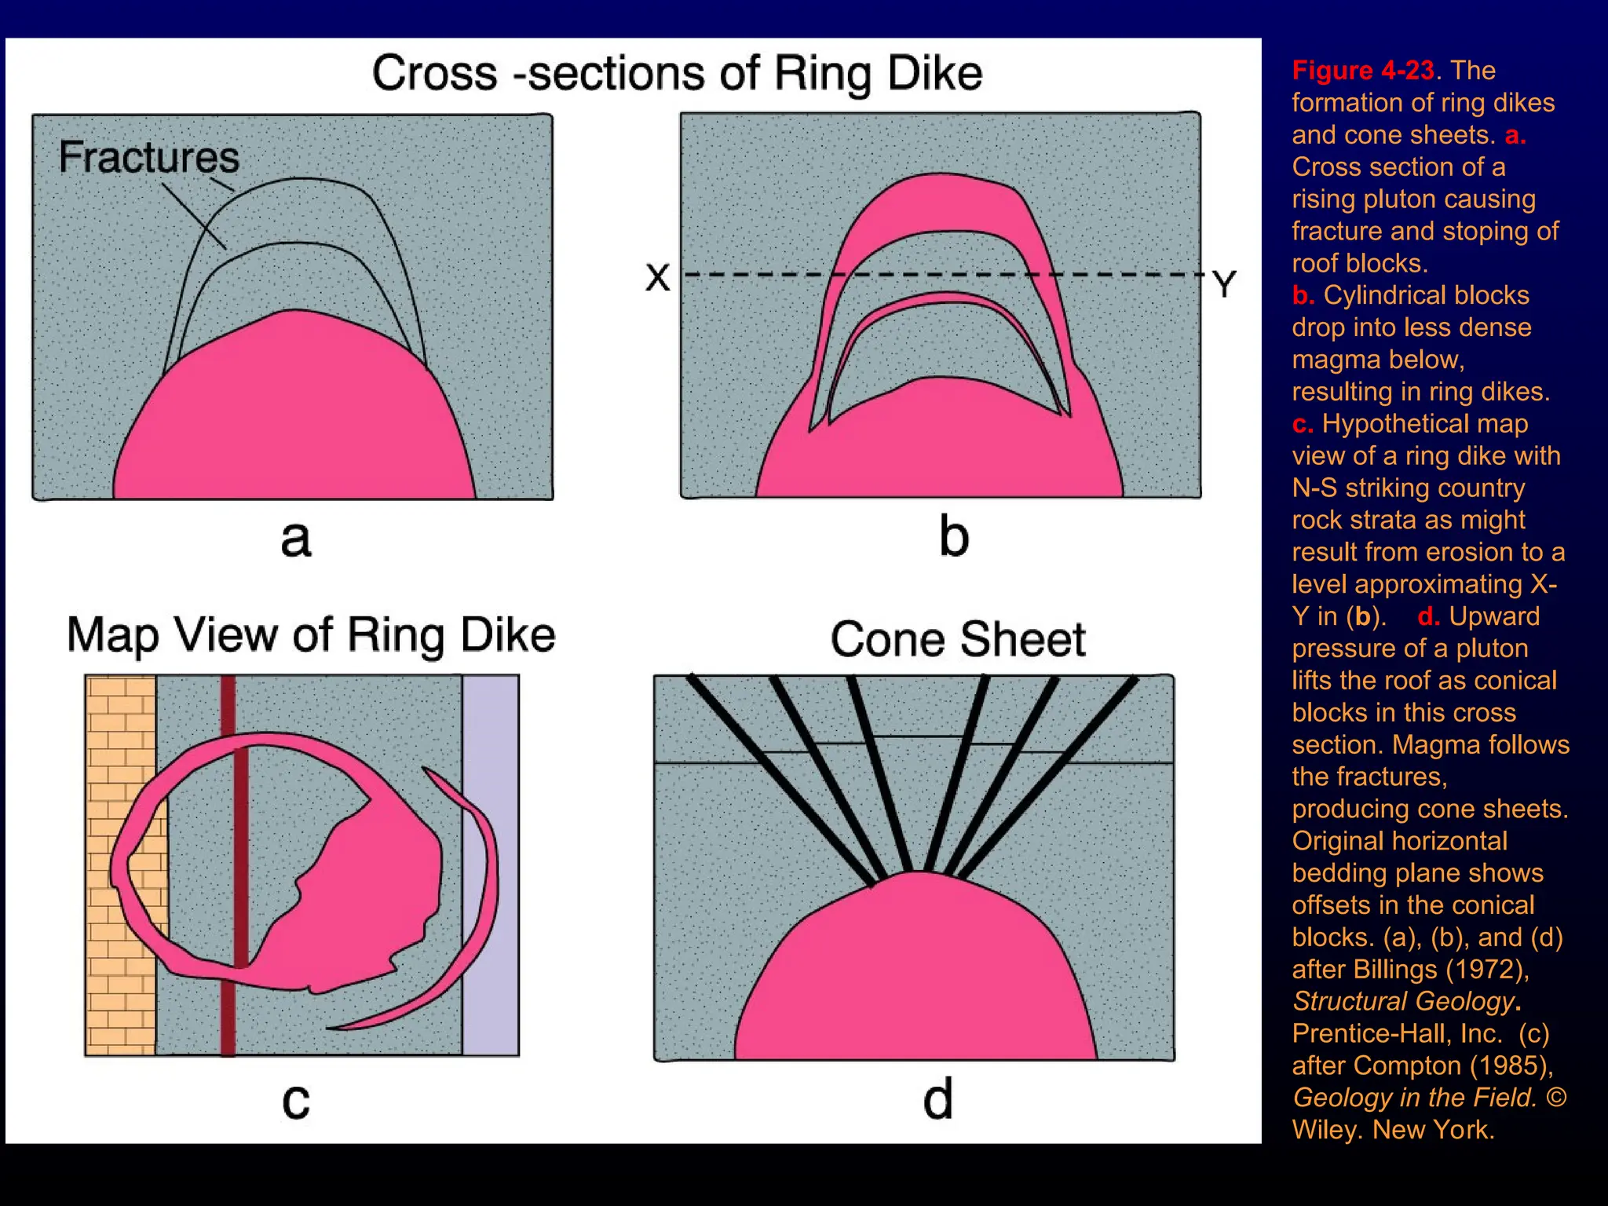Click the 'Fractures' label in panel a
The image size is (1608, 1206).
click(x=148, y=157)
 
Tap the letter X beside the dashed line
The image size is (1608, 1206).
click(x=658, y=277)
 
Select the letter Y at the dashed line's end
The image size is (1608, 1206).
click(x=1223, y=284)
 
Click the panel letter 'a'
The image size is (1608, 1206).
click(x=295, y=539)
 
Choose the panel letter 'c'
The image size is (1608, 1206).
click(x=296, y=1101)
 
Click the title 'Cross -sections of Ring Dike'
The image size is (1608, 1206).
click(x=677, y=73)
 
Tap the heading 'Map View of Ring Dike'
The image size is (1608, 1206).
click(x=311, y=634)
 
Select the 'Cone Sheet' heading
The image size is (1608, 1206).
click(x=958, y=639)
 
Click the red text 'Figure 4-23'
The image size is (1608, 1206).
click(x=1363, y=71)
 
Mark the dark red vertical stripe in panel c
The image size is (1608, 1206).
click(x=228, y=864)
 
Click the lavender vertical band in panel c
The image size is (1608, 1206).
click(x=491, y=864)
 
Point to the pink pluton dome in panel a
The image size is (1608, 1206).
click(x=294, y=416)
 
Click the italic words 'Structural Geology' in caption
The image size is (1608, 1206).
click(x=1403, y=1002)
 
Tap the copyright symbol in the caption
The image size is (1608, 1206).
click(x=1556, y=1098)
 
